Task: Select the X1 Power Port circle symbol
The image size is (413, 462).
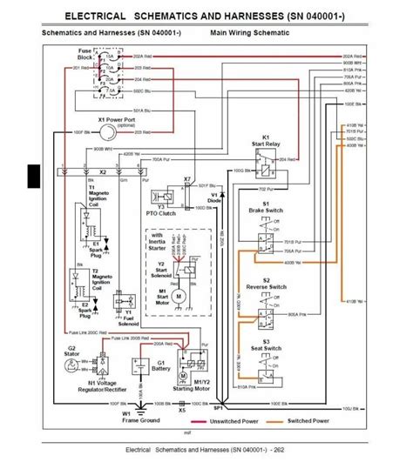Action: [106, 130]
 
